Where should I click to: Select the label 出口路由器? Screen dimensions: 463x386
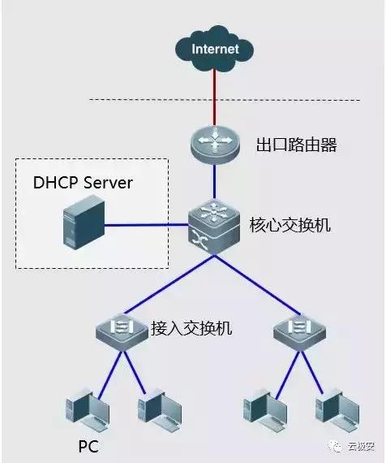(x=285, y=146)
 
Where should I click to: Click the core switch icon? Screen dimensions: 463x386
(x=214, y=226)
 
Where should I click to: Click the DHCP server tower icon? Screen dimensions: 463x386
(x=84, y=223)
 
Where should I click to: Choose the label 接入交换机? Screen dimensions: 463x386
(x=191, y=329)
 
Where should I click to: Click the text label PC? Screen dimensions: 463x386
(x=88, y=448)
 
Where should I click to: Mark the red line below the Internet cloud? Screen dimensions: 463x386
(x=215, y=97)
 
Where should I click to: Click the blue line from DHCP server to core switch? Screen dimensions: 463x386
(x=146, y=225)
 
